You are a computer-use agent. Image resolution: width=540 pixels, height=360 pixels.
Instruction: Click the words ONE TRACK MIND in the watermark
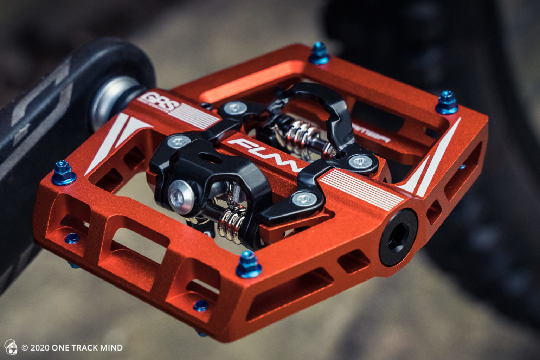tap(87, 348)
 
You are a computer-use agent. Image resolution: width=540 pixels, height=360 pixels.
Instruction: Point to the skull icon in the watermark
tap(11, 347)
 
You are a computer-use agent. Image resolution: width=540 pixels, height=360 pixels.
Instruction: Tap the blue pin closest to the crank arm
tap(64, 172)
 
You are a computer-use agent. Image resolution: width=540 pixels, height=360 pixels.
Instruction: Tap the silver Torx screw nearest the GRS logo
tap(234, 108)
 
